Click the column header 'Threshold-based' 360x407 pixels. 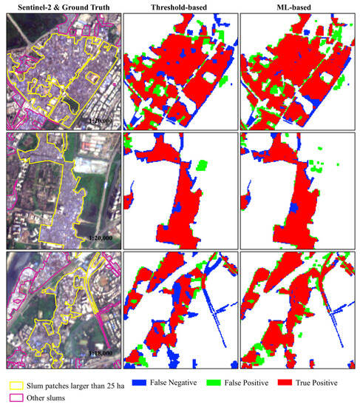pyautogui.click(x=180, y=6)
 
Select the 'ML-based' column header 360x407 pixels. pyautogui.click(x=298, y=6)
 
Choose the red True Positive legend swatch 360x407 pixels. pyautogui.click(x=283, y=383)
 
